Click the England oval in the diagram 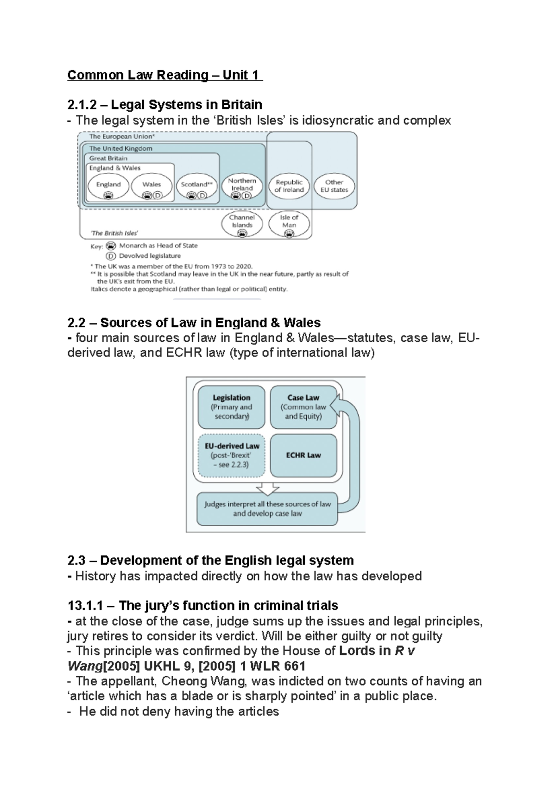click(x=108, y=187)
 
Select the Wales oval click(x=152, y=187)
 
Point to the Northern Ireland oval click(x=242, y=187)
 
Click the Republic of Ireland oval click(x=289, y=186)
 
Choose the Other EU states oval click(x=334, y=186)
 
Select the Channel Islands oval click(x=242, y=223)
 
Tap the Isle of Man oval click(x=289, y=223)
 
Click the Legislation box click(x=231, y=407)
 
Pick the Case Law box click(x=303, y=407)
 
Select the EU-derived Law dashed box click(x=231, y=455)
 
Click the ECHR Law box click(x=303, y=455)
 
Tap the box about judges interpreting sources click(x=267, y=509)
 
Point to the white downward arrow click(x=268, y=489)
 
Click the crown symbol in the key click(x=111, y=246)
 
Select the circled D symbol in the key click(x=111, y=256)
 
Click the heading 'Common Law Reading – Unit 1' click(x=164, y=75)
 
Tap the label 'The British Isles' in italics click(x=114, y=233)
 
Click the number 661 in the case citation click(x=294, y=666)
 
